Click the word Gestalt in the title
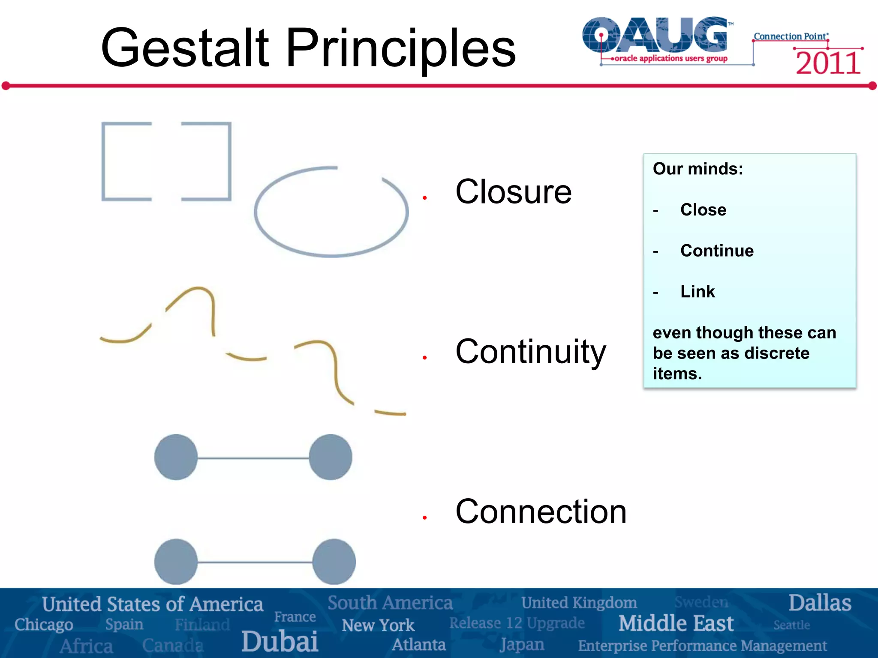tap(184, 48)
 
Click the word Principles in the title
tap(400, 48)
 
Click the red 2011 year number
tap(828, 63)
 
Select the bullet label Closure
tap(513, 192)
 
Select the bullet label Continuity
tap(530, 352)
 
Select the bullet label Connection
tap(541, 511)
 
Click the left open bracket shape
tap(104, 161)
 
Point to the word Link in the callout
tap(698, 292)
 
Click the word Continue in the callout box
tap(717, 251)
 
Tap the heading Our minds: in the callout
tap(698, 169)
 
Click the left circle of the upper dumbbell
tap(176, 457)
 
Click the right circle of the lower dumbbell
tap(334, 562)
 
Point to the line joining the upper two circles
tap(253, 458)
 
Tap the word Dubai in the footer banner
tap(280, 641)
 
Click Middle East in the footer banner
tap(676, 623)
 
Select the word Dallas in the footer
tap(819, 603)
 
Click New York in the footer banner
tap(378, 625)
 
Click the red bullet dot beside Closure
tap(424, 197)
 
